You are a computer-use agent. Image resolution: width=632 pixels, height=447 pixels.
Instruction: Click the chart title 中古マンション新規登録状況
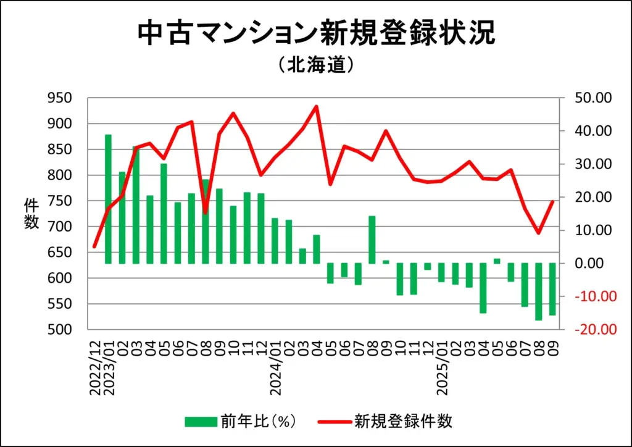(x=315, y=34)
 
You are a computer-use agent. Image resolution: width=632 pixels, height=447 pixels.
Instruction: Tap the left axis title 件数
(x=31, y=214)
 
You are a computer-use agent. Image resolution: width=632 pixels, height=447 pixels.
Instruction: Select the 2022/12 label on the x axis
(x=95, y=365)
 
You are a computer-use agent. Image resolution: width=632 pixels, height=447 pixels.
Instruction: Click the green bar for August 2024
(x=372, y=240)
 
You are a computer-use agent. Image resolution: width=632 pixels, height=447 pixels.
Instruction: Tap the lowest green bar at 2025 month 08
(x=539, y=291)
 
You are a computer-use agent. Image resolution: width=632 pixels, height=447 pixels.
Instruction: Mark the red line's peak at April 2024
(x=317, y=106)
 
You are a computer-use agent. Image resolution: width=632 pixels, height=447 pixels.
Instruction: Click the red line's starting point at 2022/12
(x=94, y=247)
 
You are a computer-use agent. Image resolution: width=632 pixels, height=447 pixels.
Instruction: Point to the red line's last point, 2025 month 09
(x=552, y=201)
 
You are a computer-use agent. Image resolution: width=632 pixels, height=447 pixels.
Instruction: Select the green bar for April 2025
(x=483, y=288)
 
